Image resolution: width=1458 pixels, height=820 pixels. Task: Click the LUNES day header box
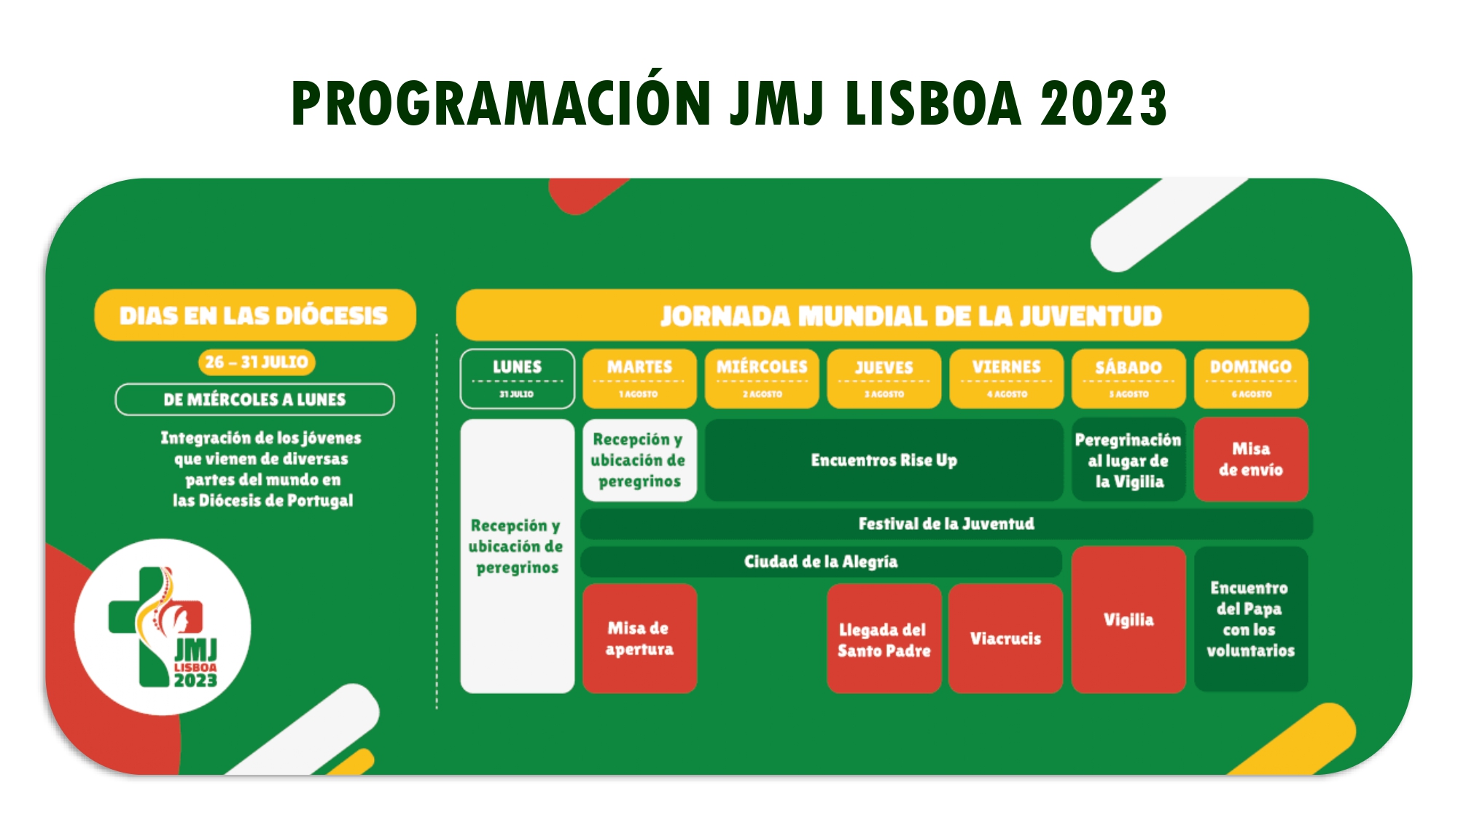coord(517,378)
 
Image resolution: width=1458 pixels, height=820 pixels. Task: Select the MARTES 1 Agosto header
coord(639,378)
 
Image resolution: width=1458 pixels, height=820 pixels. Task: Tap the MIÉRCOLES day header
coord(762,378)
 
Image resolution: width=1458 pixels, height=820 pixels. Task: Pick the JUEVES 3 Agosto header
coord(884,378)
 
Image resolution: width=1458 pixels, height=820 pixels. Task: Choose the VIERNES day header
coord(1006,378)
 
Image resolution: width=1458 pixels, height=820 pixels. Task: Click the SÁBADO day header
coord(1128,378)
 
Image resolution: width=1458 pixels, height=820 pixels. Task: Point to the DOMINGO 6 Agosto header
coord(1250,378)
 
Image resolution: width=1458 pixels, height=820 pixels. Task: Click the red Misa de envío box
coord(1250,459)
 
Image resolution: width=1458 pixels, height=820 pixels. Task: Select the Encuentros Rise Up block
coord(884,460)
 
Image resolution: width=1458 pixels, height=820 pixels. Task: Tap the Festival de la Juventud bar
coord(946,523)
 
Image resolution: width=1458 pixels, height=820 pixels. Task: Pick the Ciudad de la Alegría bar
coord(820,561)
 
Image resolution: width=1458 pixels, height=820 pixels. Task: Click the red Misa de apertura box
coord(639,638)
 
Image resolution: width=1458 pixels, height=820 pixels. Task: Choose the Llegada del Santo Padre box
coord(884,639)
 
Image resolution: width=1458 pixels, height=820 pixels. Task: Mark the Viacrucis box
coord(1005,639)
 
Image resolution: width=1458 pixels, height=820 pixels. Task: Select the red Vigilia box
coord(1128,620)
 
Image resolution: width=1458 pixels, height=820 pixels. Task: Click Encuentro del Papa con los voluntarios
coord(1250,619)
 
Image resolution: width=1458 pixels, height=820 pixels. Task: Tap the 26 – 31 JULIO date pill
coord(256,362)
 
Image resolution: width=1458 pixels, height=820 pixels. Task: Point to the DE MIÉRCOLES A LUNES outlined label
coord(254,399)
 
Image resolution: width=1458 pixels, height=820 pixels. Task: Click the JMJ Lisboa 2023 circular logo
coord(163,627)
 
